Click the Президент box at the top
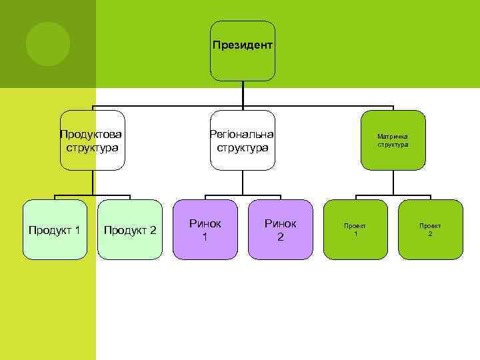tap(243, 51)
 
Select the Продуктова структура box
tap(92, 140)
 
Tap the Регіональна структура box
tap(243, 140)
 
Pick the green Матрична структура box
tap(393, 140)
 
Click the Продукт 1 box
tap(55, 229)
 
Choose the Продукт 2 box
tap(130, 229)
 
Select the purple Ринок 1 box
tap(205, 229)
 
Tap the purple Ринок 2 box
tap(280, 229)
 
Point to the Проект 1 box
tap(355, 229)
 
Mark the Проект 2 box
tap(430, 229)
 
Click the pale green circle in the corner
tap(48, 44)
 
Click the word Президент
tap(243, 45)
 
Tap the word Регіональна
tap(242, 133)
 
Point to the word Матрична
tap(393, 135)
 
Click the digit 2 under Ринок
tap(281, 236)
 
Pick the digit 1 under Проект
tap(355, 233)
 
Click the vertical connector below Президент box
tap(243, 93)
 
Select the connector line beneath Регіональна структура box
tap(243, 183)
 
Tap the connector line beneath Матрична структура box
tap(393, 183)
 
